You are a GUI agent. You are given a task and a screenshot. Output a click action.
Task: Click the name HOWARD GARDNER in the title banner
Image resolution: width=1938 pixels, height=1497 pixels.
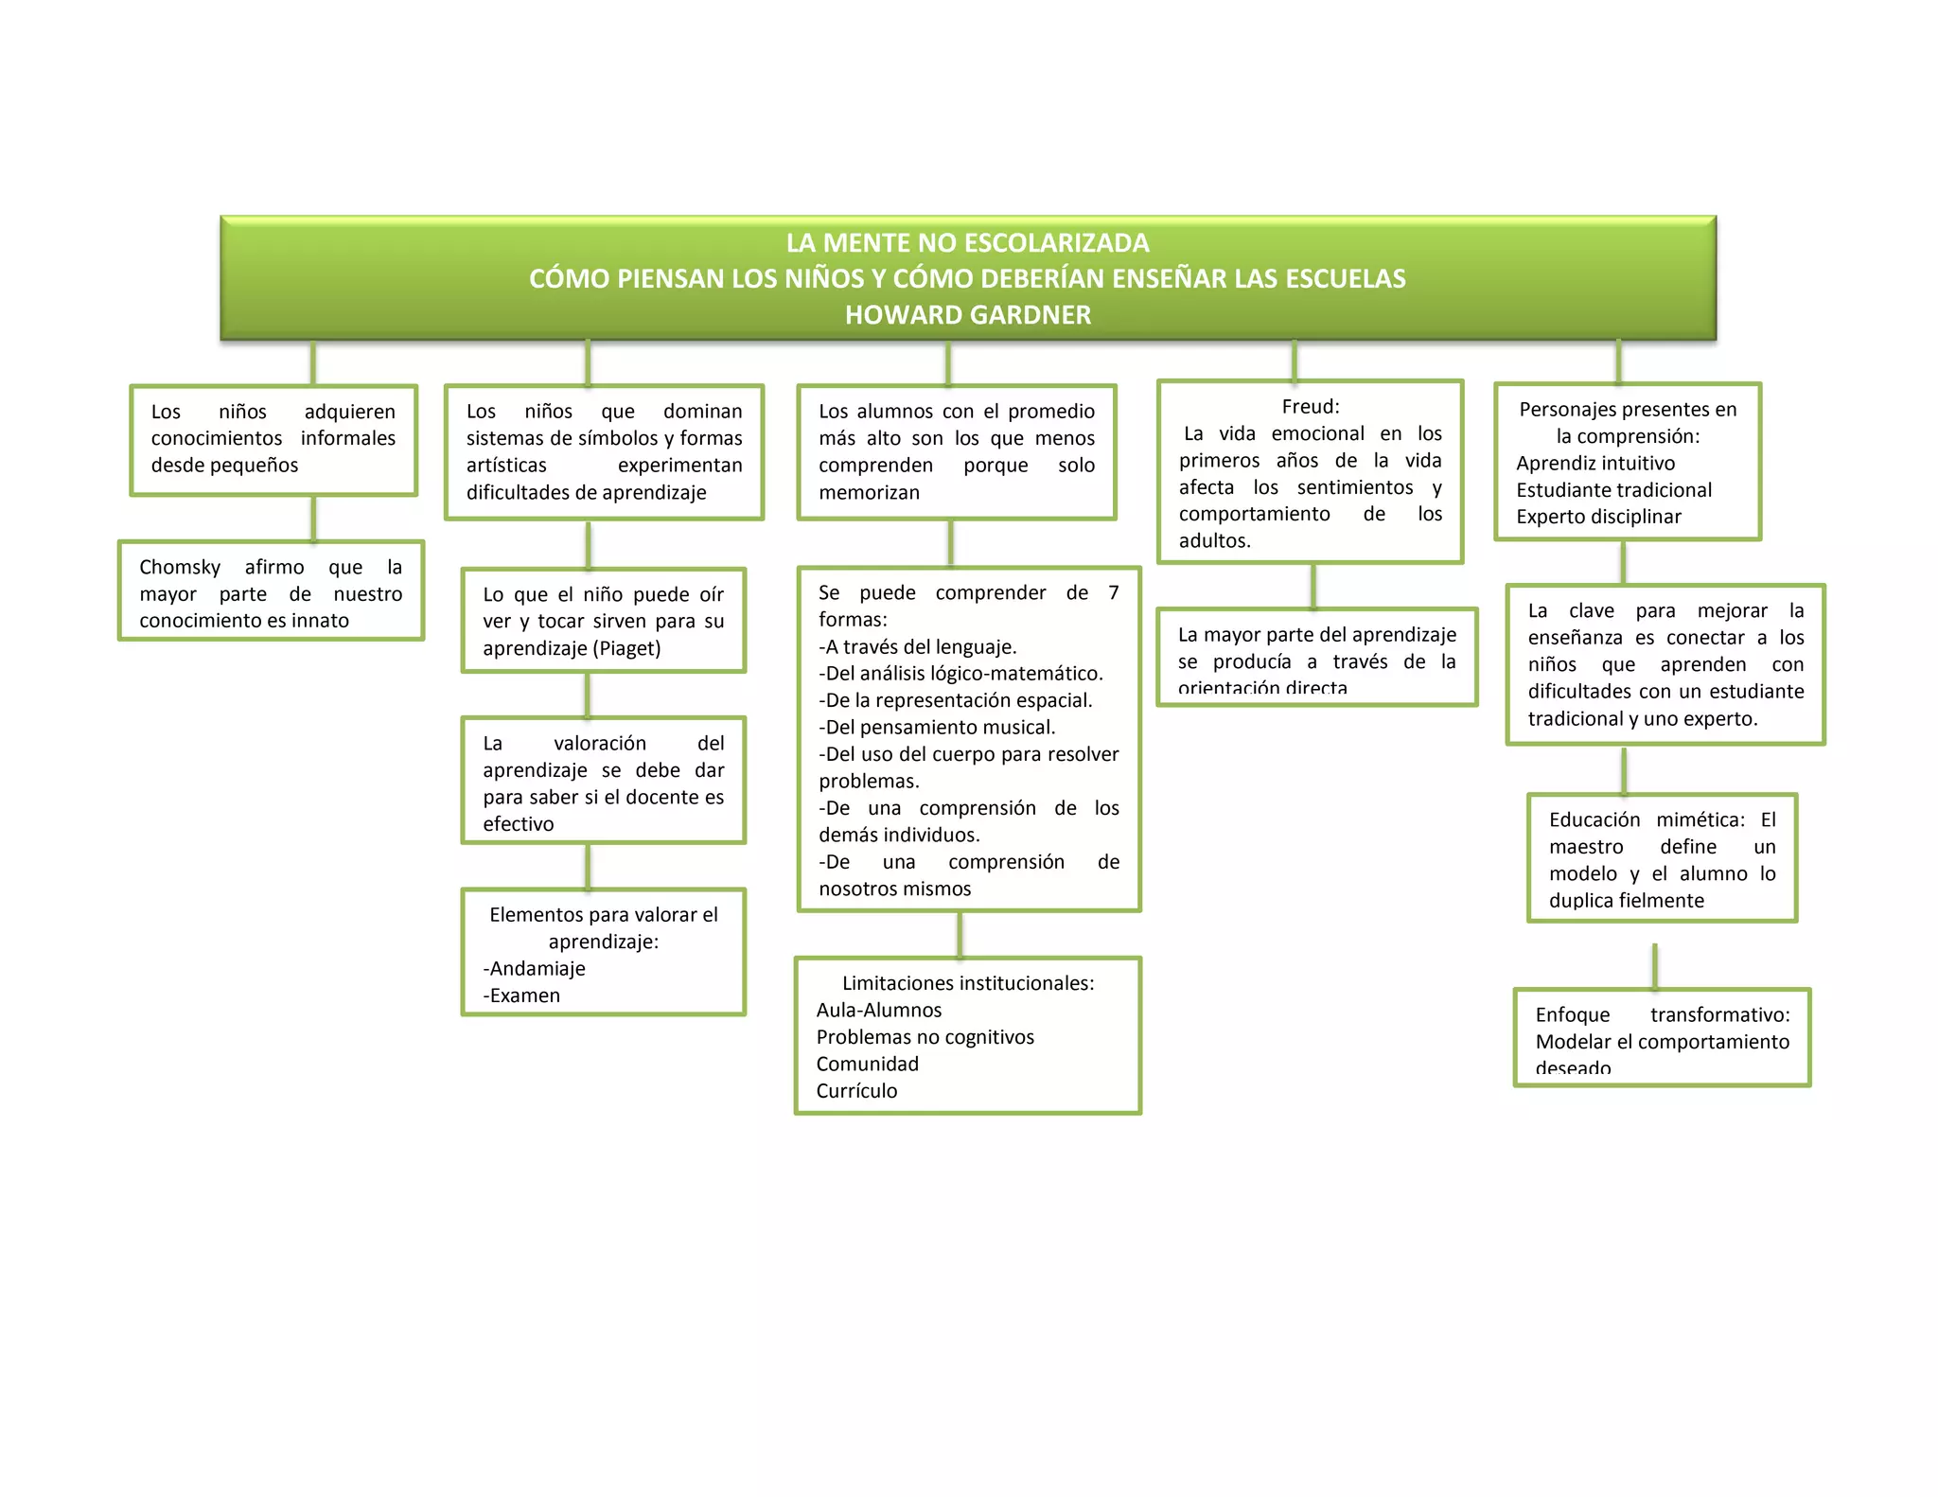pyautogui.click(x=967, y=315)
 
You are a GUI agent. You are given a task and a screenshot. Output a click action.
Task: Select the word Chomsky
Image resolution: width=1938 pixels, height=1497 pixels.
pyautogui.click(x=180, y=567)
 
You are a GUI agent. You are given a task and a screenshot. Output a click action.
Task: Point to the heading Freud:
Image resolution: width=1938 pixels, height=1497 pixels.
pyautogui.click(x=1310, y=407)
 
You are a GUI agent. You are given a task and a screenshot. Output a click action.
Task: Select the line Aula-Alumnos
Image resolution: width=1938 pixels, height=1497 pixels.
pyautogui.click(x=878, y=1010)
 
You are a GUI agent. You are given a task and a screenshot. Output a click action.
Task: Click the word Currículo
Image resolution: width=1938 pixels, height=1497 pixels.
pyautogui.click(x=856, y=1091)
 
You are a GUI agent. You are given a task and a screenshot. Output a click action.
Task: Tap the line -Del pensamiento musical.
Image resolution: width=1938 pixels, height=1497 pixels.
pyautogui.click(x=937, y=727)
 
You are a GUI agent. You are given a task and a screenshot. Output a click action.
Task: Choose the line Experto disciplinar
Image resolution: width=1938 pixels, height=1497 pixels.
pyautogui.click(x=1598, y=517)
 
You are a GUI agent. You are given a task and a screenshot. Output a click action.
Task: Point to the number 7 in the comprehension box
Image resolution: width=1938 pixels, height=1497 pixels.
pyautogui.click(x=1114, y=592)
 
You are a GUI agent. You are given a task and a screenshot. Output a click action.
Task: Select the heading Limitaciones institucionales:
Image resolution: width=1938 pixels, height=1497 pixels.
pyautogui.click(x=967, y=983)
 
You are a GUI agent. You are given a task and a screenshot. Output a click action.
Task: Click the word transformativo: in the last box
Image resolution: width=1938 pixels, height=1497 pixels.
pyautogui.click(x=1719, y=1014)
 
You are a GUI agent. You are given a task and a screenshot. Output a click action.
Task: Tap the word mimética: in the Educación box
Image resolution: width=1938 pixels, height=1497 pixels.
pyautogui.click(x=1700, y=819)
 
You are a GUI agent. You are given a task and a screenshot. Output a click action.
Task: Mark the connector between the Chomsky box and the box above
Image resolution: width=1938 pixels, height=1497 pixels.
pyautogui.click(x=313, y=518)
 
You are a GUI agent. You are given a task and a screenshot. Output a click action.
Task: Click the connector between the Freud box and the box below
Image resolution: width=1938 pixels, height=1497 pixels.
pyautogui.click(x=1313, y=586)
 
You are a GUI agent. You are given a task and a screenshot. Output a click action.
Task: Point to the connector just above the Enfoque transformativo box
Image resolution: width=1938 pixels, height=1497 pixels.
pyautogui.click(x=1654, y=966)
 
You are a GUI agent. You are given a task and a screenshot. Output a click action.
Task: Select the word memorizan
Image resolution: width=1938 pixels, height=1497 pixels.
pyautogui.click(x=869, y=492)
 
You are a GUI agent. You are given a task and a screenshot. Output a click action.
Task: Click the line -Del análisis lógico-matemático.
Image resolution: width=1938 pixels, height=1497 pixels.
pyautogui.click(x=960, y=673)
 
